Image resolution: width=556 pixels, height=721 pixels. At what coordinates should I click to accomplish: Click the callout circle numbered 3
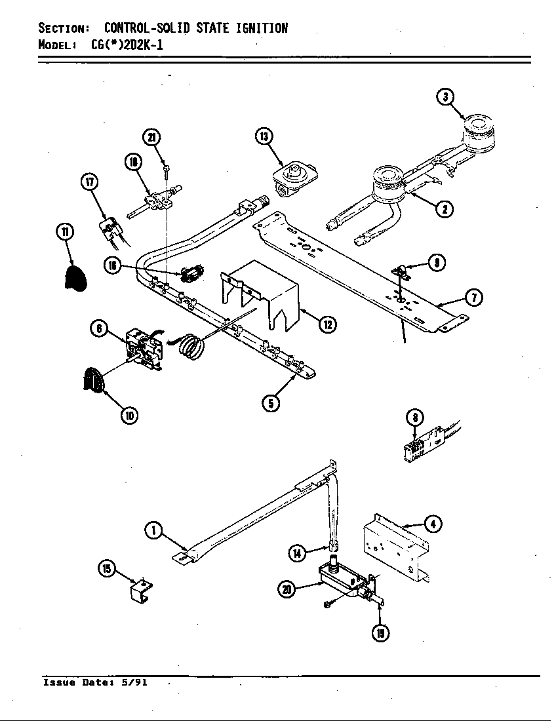tap(446, 97)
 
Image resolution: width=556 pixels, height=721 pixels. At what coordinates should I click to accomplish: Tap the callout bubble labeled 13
tap(264, 136)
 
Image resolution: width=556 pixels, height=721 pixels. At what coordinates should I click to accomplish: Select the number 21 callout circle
tap(151, 137)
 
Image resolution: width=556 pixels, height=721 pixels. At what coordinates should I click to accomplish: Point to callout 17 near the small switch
tap(89, 182)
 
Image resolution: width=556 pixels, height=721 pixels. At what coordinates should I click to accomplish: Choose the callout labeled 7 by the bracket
tap(474, 298)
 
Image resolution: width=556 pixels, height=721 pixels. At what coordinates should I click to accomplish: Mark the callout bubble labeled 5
tap(271, 402)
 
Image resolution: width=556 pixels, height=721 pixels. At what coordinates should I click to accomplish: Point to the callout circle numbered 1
tap(153, 530)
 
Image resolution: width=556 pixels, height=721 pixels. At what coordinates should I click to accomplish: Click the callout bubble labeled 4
tap(432, 524)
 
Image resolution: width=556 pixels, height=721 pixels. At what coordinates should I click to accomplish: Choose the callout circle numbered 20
tap(287, 589)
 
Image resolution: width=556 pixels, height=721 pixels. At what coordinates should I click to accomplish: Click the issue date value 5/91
tap(134, 682)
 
